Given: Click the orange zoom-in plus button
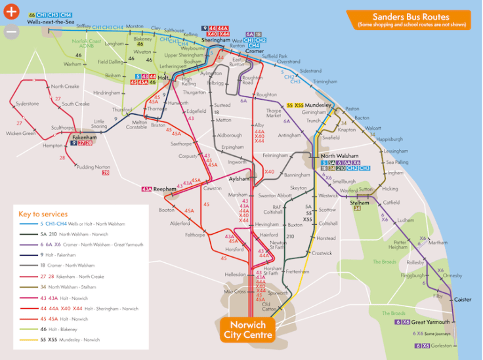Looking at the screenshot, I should (x=11, y=11).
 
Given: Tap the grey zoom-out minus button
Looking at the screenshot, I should (x=11, y=31).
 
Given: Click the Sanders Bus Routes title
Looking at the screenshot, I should (x=411, y=16).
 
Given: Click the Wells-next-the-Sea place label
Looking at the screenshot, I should (x=51, y=22).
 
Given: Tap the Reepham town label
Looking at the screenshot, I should (x=167, y=189).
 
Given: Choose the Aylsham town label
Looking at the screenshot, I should (x=238, y=178).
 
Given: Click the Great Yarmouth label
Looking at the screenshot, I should (x=431, y=322).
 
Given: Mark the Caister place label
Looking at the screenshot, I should (x=463, y=299).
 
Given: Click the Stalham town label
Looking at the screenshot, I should (x=359, y=203).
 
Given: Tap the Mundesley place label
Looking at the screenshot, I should (x=320, y=105).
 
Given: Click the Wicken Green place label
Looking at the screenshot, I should (x=20, y=133).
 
